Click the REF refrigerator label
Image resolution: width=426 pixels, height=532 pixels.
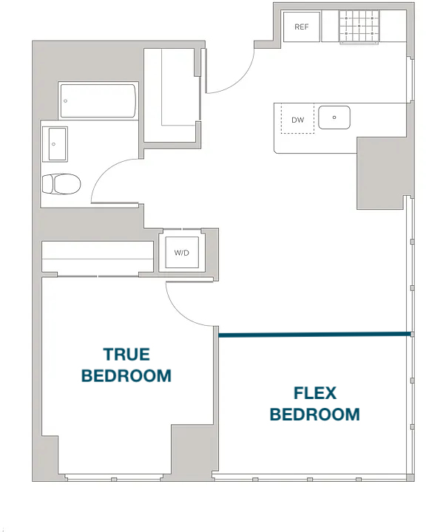(301, 27)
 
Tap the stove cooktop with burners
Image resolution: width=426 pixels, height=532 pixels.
(359, 26)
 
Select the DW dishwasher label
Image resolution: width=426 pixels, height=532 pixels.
(297, 120)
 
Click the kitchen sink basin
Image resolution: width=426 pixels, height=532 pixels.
(334, 117)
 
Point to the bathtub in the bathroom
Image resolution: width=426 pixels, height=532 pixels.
(98, 100)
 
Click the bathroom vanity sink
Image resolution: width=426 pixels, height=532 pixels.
(55, 144)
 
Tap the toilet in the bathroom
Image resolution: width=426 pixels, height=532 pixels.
(61, 184)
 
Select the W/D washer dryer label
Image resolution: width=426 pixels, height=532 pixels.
(181, 253)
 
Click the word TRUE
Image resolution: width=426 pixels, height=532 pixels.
(126, 355)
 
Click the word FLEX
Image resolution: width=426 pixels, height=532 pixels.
(315, 393)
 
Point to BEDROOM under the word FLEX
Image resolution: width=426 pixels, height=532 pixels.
(315, 415)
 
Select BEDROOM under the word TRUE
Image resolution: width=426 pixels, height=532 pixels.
(126, 375)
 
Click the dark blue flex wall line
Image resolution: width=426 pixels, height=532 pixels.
(314, 335)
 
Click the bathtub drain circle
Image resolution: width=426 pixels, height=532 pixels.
(66, 100)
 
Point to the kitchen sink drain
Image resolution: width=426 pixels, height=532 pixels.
(334, 117)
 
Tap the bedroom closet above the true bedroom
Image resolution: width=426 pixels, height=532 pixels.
(98, 256)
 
